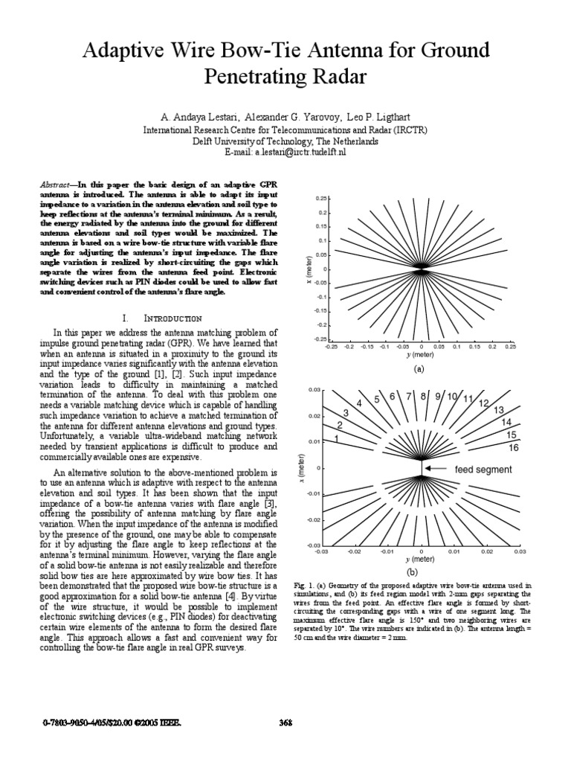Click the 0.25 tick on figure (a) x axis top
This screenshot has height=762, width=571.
(322, 199)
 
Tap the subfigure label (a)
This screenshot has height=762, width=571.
(419, 369)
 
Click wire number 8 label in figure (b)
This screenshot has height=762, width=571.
(424, 396)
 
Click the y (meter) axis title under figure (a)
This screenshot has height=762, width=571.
(419, 355)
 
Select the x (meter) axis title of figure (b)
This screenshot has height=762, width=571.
(300, 469)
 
